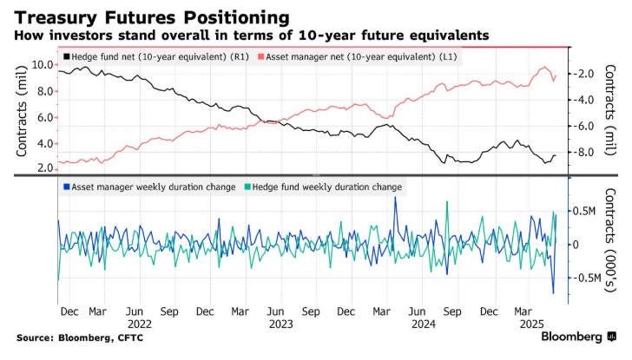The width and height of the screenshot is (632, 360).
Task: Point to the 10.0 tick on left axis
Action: pyautogui.click(x=43, y=64)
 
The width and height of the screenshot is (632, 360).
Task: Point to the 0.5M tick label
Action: pyautogui.click(x=582, y=211)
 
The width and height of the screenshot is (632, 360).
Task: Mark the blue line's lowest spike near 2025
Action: pyautogui.click(x=553, y=292)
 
